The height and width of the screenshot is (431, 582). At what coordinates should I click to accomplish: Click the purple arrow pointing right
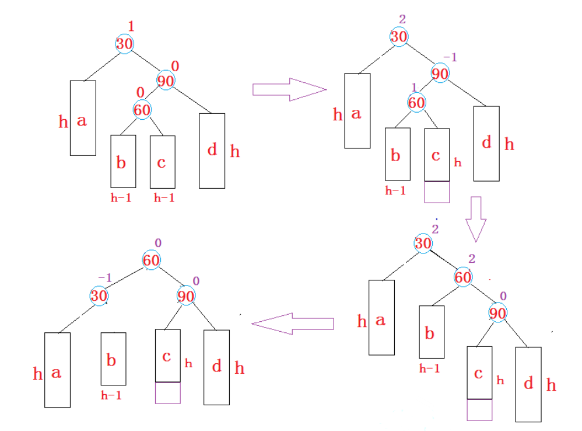[x=288, y=89]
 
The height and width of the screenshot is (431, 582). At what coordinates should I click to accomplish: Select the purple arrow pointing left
[x=293, y=324]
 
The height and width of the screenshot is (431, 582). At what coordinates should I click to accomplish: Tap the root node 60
[x=151, y=260]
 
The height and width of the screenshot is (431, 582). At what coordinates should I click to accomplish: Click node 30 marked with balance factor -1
[x=99, y=296]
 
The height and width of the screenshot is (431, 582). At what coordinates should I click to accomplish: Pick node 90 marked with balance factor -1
[x=440, y=74]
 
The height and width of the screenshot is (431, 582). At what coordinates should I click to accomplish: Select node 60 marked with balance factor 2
[x=462, y=277]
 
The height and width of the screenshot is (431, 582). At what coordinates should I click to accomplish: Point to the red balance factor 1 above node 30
[x=131, y=26]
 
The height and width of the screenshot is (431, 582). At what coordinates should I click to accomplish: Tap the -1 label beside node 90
[x=450, y=57]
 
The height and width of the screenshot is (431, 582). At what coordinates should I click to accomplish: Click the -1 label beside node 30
[x=105, y=279]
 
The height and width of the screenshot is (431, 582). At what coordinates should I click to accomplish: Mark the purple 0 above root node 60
[x=157, y=243]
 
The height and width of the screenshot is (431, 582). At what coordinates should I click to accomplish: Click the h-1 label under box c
[x=164, y=198]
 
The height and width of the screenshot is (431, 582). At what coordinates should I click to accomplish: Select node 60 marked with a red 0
[x=142, y=109]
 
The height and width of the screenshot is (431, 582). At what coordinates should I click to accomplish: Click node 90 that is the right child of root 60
[x=185, y=296]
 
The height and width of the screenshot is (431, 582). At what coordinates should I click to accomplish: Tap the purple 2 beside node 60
[x=472, y=259]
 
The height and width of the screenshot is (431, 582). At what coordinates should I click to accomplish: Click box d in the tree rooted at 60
[x=216, y=366]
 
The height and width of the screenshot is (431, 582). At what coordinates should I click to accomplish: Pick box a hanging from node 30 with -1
[x=57, y=370]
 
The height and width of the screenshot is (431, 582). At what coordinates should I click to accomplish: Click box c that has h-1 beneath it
[x=162, y=161]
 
